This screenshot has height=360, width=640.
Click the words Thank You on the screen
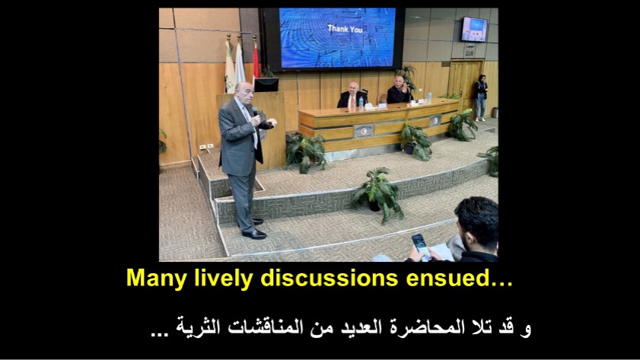tap(345, 29)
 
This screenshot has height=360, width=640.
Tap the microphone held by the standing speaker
tap(255, 110)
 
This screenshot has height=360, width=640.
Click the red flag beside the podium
tap(256, 60)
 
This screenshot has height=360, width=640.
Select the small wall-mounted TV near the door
tap(474, 30)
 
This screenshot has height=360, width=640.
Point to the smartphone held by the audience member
tap(420, 245)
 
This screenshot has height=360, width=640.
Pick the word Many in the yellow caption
tap(156, 279)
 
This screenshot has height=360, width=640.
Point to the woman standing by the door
tap(480, 98)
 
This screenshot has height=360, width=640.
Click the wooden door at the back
tap(465, 84)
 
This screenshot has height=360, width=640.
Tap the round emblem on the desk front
tap(364, 132)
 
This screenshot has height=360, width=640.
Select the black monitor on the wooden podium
tap(266, 85)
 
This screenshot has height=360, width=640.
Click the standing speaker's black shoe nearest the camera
tap(254, 234)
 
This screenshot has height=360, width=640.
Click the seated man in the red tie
tap(352, 97)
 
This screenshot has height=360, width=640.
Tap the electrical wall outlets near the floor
tap(206, 147)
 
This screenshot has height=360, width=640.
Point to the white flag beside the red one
tap(240, 63)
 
